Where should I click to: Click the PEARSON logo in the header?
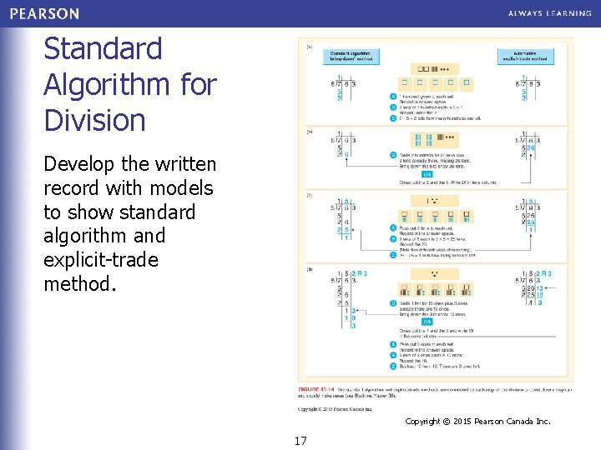coord(45,13)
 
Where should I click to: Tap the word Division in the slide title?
coord(94,120)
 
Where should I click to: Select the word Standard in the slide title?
coord(103,48)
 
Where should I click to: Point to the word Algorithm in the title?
coord(93,84)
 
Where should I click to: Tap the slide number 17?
coord(300,440)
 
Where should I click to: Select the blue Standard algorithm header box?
coord(350,57)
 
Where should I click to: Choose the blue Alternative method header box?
coord(523,57)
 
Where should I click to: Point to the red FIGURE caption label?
coord(314,390)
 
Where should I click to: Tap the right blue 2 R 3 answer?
coord(543,274)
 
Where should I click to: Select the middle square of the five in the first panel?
coord(435,83)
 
